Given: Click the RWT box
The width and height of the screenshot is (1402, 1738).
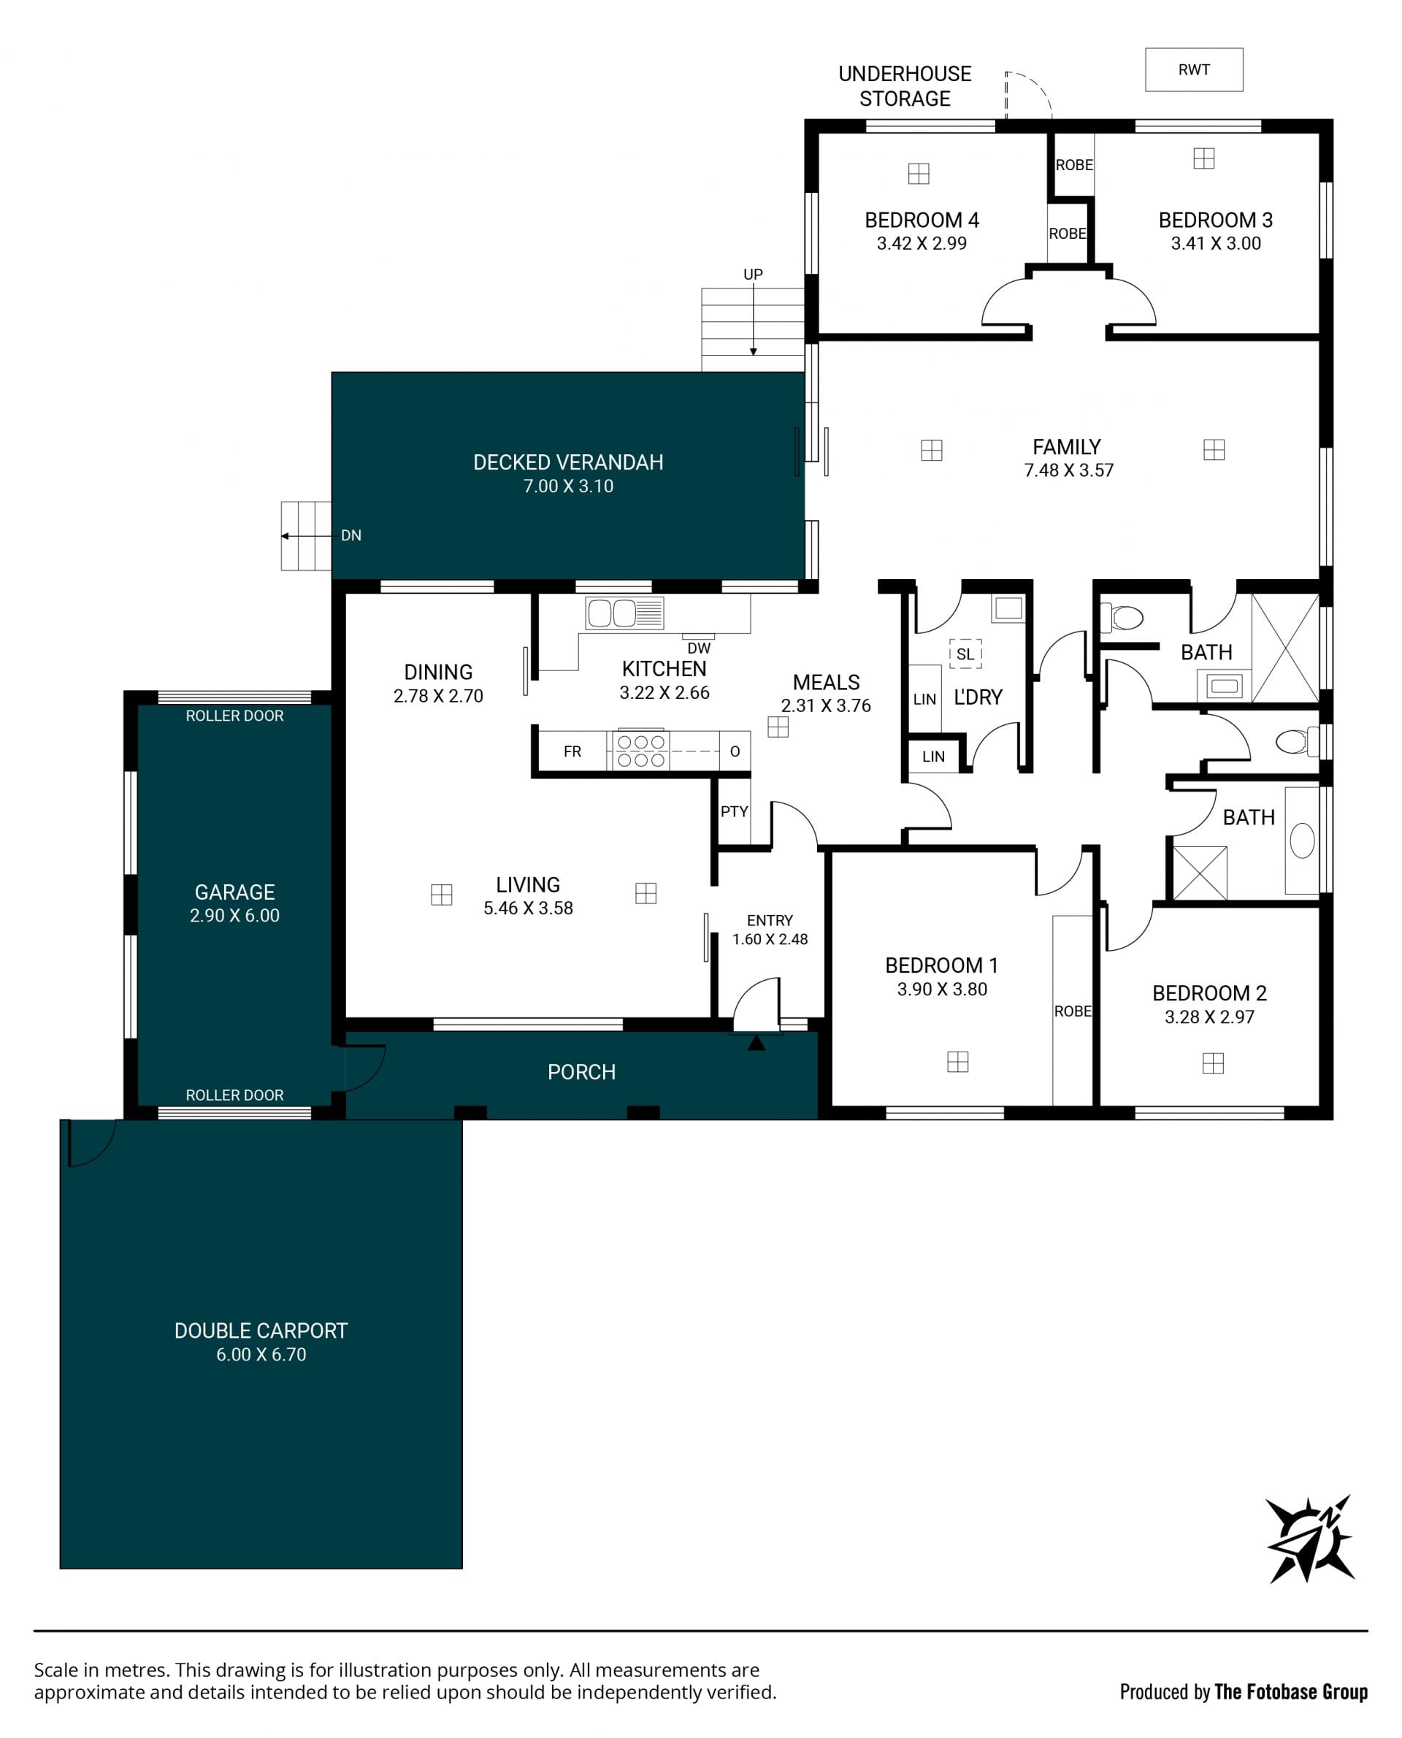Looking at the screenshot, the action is click(x=1194, y=69).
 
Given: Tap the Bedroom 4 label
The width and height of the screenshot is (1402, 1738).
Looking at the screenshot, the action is click(x=922, y=220).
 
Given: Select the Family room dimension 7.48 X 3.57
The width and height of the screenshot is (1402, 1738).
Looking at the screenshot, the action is click(x=1068, y=470).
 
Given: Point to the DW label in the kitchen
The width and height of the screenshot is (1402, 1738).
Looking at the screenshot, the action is click(x=699, y=648).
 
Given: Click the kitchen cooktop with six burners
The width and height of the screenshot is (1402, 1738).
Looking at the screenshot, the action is click(x=641, y=750).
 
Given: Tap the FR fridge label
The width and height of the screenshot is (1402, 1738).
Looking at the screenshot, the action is click(x=572, y=752).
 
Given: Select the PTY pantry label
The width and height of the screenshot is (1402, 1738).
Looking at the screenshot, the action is click(x=734, y=811).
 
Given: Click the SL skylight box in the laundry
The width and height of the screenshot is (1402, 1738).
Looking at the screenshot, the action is click(x=965, y=654).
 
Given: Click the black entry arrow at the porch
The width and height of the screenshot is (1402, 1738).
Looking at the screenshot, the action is click(x=756, y=1043).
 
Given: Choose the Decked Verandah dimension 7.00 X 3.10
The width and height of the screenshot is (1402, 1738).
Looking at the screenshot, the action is click(x=569, y=486).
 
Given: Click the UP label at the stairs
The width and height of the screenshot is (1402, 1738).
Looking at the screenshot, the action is click(x=753, y=275).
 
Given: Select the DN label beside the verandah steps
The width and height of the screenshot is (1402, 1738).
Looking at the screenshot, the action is click(x=351, y=535).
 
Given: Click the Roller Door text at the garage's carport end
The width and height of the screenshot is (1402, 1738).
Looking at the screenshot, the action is click(x=234, y=1095).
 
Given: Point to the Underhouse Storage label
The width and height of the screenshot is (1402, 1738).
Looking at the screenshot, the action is click(x=905, y=86).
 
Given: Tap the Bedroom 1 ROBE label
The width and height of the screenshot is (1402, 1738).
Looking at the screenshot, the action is click(x=1073, y=1011).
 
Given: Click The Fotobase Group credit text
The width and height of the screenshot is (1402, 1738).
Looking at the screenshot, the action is click(x=1291, y=1692).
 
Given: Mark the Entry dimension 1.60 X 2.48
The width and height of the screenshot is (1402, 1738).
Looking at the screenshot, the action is click(x=770, y=939).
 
